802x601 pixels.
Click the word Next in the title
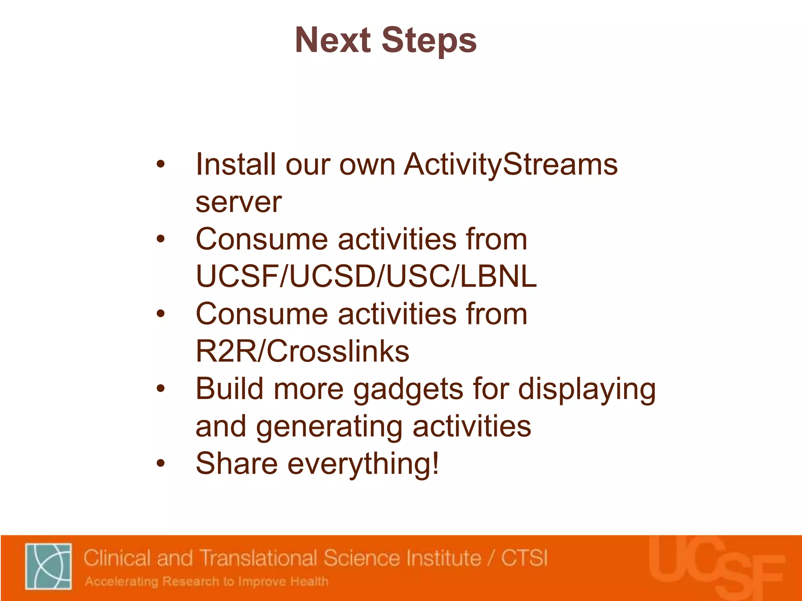332,40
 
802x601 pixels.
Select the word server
238,202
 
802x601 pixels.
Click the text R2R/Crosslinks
302,351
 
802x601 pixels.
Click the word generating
329,426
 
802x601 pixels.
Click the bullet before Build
161,389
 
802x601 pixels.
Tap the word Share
237,464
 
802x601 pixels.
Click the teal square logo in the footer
49,566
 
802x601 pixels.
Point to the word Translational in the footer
259,558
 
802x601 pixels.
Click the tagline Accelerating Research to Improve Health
206,581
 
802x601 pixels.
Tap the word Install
235,165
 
